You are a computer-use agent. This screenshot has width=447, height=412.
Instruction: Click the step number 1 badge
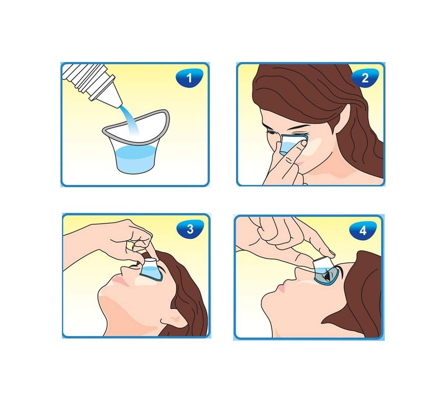pos(189,78)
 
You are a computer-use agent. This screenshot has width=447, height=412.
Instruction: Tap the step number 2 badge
pos(365,78)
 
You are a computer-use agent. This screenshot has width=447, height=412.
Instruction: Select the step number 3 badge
pos(190,229)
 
